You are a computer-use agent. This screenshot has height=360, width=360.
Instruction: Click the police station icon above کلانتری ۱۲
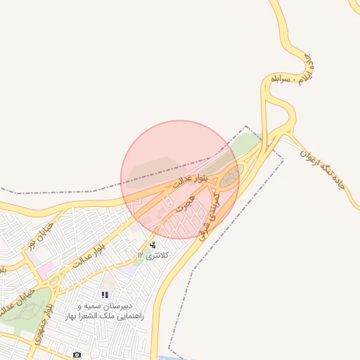(153, 245)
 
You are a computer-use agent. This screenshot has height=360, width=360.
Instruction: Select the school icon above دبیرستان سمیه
(105, 295)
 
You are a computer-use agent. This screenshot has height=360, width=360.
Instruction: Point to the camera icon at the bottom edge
(77, 355)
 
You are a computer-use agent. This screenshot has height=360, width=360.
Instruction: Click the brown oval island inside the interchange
(230, 178)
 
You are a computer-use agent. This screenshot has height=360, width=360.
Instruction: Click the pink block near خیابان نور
(45, 269)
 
